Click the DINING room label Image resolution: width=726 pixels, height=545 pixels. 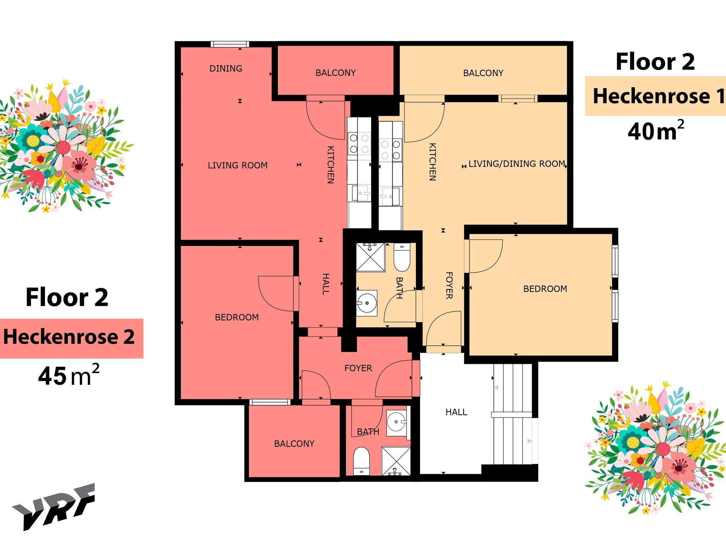[226, 68]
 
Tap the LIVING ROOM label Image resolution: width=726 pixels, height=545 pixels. [238, 165]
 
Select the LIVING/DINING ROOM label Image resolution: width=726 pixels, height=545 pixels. [516, 164]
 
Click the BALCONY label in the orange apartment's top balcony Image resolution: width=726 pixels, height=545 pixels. [483, 73]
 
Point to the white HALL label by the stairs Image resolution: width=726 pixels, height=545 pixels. [456, 412]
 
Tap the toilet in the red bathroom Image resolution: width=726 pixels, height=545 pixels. [362, 461]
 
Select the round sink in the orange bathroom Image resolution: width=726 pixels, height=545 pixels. [367, 303]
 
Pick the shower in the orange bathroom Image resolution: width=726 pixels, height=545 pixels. [370, 257]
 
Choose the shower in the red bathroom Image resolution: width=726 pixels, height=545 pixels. [396, 461]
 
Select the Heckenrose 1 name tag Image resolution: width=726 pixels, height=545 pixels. [655, 96]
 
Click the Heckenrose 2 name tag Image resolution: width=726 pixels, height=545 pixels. [71, 338]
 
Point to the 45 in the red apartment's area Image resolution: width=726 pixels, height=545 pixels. [52, 376]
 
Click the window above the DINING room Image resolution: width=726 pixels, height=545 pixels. [230, 44]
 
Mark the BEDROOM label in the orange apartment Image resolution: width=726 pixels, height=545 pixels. [545, 289]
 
